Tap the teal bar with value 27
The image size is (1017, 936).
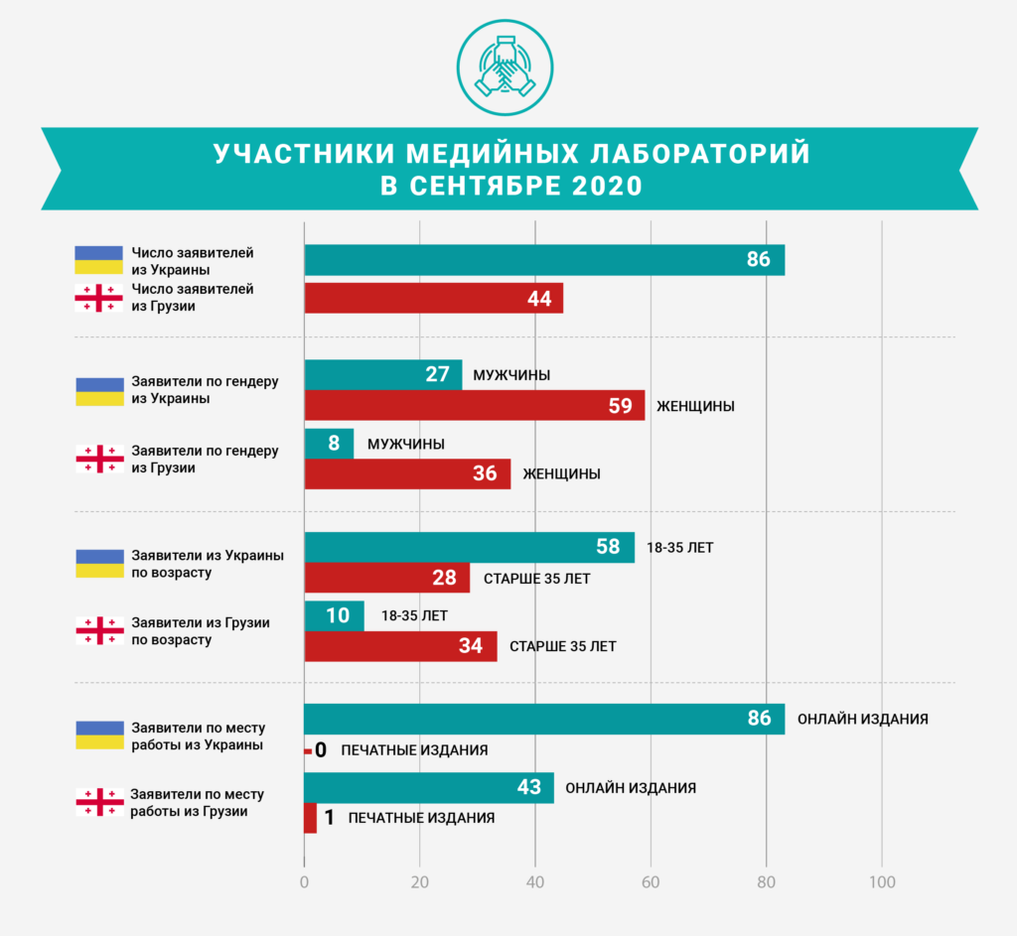[382, 375]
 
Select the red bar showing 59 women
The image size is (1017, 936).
[474, 405]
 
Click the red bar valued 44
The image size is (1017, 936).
[433, 299]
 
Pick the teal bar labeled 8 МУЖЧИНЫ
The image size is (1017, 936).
[329, 444]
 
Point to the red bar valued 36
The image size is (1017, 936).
[407, 473]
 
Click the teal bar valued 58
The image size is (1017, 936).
[469, 547]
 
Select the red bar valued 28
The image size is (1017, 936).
[386, 578]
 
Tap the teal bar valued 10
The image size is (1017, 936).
[334, 615]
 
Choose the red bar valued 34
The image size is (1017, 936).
[400, 646]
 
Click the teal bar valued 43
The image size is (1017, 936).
[429, 788]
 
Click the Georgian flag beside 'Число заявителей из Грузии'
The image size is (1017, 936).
[99, 299]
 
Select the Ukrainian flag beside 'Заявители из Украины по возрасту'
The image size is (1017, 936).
[99, 563]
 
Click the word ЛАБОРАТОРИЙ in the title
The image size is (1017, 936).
[701, 155]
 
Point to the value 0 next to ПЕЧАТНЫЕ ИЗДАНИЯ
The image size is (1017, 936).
[320, 750]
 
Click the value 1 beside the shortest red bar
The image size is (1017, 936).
[330, 818]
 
